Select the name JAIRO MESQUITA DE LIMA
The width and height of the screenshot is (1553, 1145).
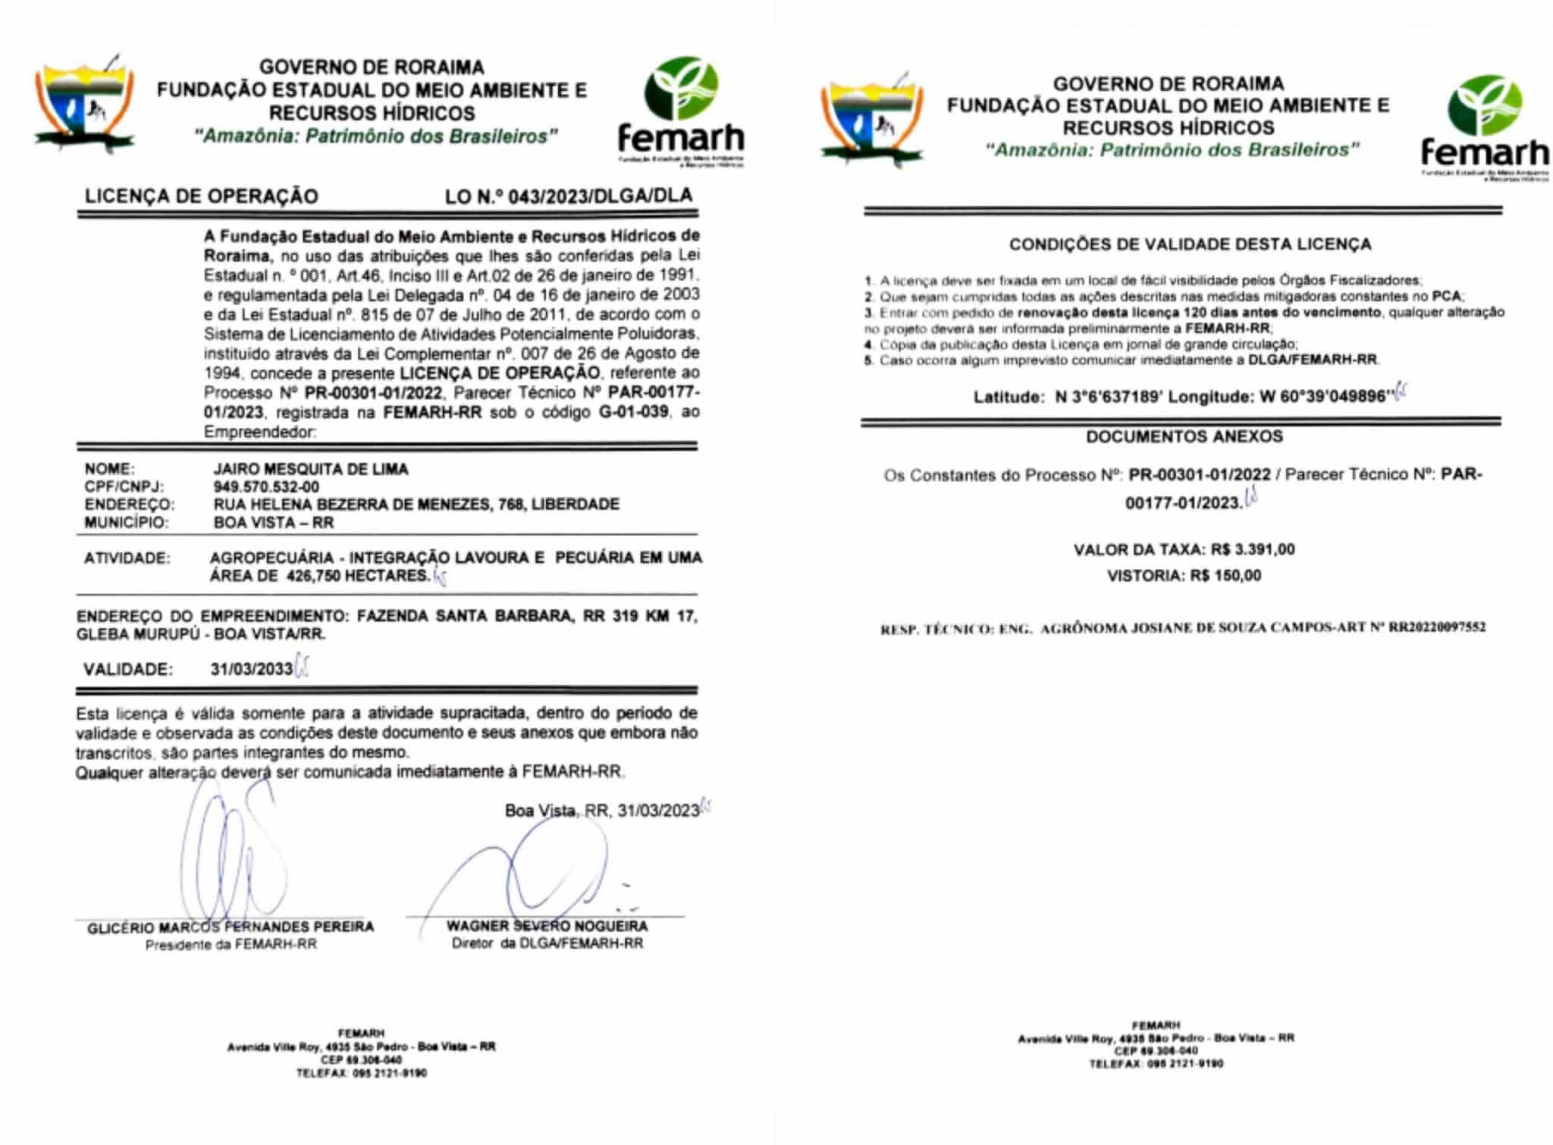pos(311,469)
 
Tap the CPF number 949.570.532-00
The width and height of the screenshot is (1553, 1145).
pos(266,487)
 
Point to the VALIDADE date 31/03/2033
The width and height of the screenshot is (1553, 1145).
pos(252,669)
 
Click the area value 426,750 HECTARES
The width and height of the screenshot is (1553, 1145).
pos(358,576)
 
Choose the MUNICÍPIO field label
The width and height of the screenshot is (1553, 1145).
pos(126,522)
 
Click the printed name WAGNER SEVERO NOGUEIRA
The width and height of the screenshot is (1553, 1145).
pos(547,926)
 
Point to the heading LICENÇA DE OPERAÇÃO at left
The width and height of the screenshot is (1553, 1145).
pos(201,196)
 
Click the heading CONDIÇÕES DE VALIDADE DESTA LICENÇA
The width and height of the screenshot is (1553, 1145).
pos(1190,244)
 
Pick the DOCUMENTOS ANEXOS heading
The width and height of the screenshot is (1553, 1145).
pos(1184,437)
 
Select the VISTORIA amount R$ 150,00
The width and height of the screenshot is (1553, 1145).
pos(1225,576)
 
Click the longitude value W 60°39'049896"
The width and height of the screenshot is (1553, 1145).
pos(1326,397)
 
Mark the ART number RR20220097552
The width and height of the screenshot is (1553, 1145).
pos(1437,628)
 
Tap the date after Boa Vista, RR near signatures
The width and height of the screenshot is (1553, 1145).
pos(658,811)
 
